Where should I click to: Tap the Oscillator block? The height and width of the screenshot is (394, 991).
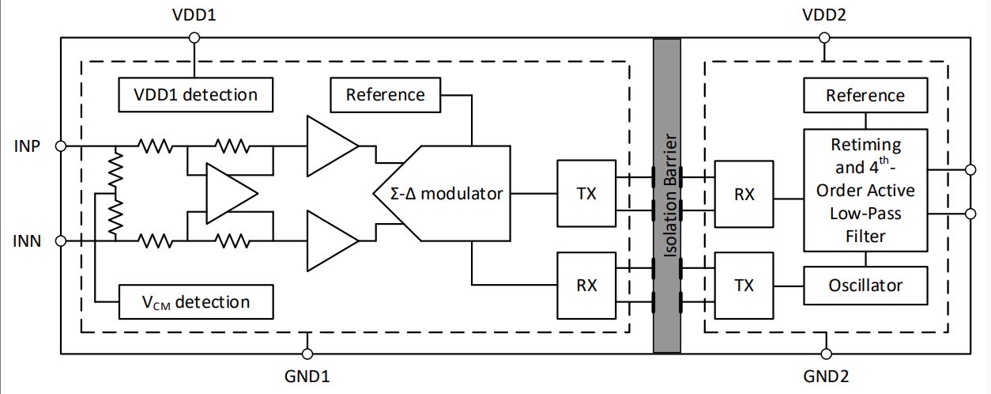pos(865,285)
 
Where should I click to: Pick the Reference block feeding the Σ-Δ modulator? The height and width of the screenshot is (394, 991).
pos(386,95)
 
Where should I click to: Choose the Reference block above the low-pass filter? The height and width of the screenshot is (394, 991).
pos(865,96)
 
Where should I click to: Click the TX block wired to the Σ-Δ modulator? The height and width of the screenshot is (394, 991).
pos(586,193)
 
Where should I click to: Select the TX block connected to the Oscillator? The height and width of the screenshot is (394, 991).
pos(744,285)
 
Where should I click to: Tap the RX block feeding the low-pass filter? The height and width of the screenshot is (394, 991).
pos(744,194)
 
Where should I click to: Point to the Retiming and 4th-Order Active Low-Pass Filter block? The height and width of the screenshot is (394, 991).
pos(865,190)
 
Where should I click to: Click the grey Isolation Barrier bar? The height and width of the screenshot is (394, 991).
pos(667,195)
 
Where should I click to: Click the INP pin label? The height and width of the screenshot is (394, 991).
pos(28,146)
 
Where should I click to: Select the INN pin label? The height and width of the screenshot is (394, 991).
pos(28,240)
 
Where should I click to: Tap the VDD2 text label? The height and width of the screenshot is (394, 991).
pos(824,15)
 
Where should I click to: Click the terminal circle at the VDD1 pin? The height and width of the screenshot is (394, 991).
pos(194,36)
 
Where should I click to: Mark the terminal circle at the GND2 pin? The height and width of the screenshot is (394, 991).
pos(825,353)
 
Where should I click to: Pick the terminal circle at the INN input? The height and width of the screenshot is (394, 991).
pos(61,240)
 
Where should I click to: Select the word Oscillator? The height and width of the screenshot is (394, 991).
pos(865,285)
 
